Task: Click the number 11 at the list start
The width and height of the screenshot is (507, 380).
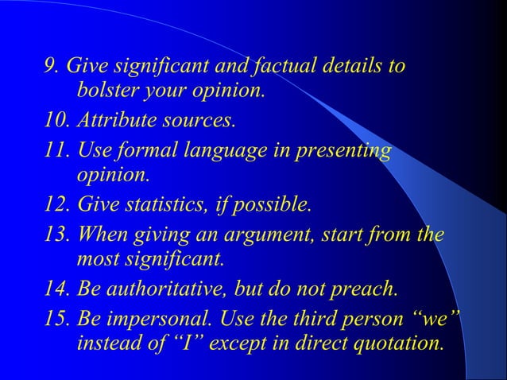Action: coord(56,151)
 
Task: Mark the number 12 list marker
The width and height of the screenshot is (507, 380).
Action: coord(56,205)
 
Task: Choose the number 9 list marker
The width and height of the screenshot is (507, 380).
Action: coord(50,65)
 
